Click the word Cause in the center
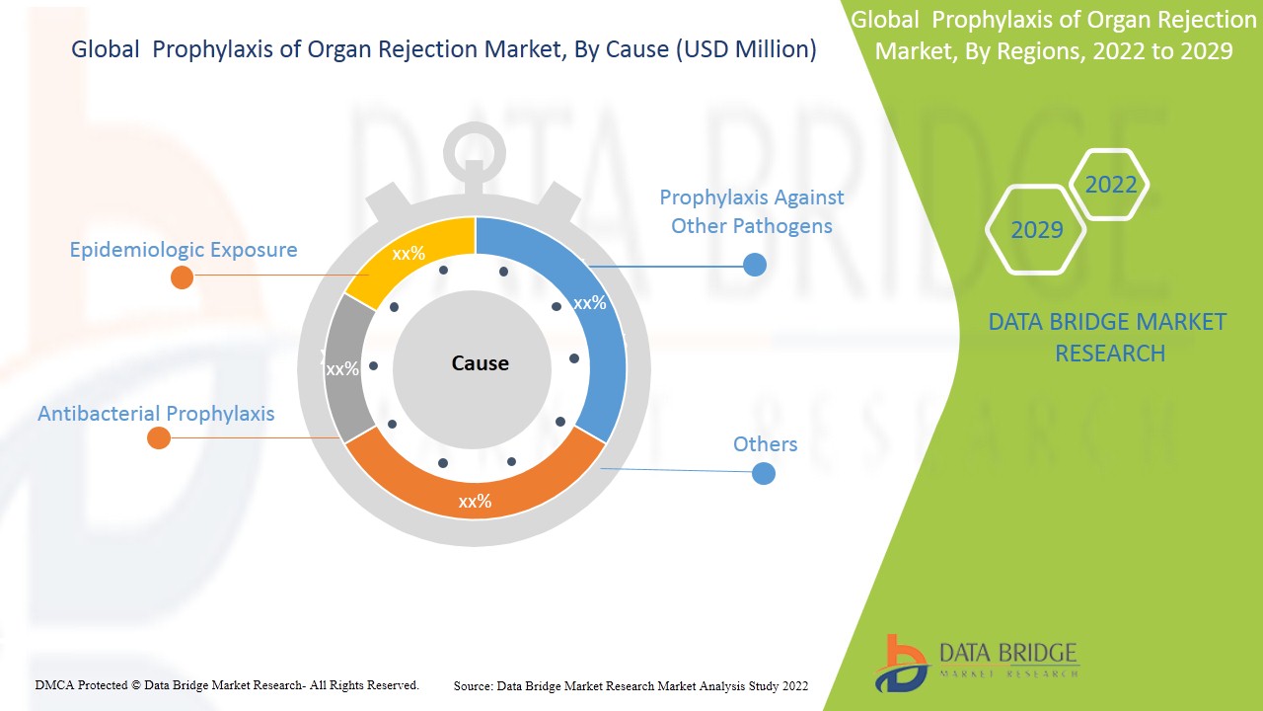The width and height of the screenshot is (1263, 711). coord(481,363)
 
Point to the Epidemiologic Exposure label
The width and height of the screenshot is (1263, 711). coord(184,250)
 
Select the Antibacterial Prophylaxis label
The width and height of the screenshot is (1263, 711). coord(156,414)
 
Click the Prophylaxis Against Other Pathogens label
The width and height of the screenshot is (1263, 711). coord(752,211)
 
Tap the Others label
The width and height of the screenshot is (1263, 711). coord(765,444)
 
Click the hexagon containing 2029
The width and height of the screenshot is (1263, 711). coord(1036,230)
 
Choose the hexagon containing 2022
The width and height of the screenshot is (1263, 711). coord(1111,185)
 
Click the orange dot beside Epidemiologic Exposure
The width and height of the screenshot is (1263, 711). coord(182,276)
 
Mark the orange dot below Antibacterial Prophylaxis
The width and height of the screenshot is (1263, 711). coord(159,437)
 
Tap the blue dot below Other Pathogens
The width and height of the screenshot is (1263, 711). coord(755,265)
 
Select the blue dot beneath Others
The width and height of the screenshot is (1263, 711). coord(764,473)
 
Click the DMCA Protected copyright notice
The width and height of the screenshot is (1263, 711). coord(227,684)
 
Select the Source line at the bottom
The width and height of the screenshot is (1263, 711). coord(631,685)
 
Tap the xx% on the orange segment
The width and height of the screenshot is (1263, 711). coord(475,502)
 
